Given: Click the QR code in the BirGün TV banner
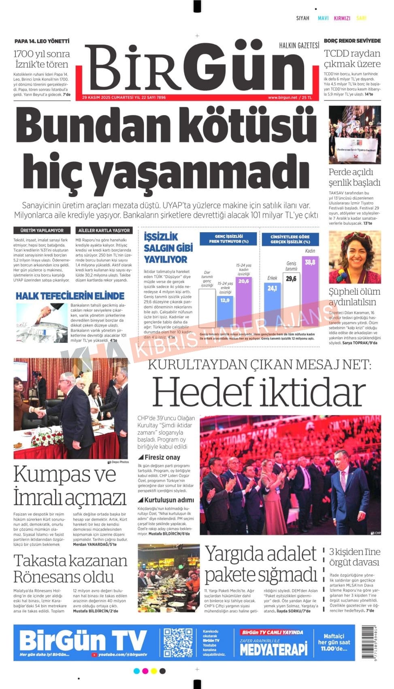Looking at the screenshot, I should pos(178,642).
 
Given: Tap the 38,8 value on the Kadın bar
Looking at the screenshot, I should pos(310,262).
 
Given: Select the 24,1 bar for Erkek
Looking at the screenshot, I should pos(272,288).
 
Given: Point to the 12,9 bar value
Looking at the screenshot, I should pos(225,300).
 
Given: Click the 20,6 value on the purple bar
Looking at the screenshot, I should pos(243,281).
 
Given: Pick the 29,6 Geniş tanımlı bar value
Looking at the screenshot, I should pos(291,278).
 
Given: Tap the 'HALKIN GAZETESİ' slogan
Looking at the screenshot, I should pos(299,45).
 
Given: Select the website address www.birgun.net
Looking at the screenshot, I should pos(282,98).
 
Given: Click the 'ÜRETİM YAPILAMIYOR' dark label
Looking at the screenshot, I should pos(42,230).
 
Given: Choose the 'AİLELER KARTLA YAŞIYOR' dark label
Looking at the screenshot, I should pos(104,230).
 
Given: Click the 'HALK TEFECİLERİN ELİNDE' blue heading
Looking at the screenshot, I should pos(70,295).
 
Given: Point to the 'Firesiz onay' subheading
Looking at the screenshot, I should pos(162,457).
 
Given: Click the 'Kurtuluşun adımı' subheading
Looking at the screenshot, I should pos(169,500).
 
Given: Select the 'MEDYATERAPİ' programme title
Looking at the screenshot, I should pos(274,650).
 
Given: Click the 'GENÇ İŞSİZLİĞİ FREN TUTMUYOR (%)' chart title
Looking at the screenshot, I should pos(228,239).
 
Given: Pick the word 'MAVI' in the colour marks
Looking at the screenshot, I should pos(323,18).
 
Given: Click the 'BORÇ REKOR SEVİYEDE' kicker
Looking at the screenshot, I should pos(352,41).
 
